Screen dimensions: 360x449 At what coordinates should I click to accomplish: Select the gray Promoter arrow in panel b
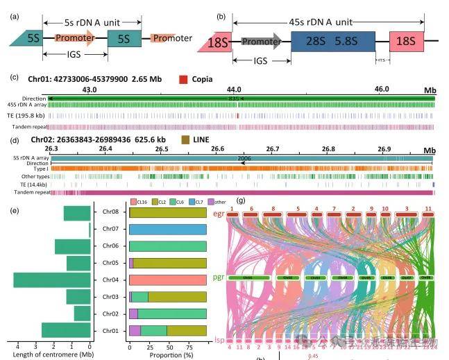261,42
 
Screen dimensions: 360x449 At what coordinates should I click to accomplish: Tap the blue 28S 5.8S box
332,41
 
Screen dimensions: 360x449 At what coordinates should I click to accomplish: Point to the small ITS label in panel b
381,59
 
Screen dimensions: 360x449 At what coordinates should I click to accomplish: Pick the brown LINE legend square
185,140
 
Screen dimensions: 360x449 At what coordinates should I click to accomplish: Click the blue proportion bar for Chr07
168,229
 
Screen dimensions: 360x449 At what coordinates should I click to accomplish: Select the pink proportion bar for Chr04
168,280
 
